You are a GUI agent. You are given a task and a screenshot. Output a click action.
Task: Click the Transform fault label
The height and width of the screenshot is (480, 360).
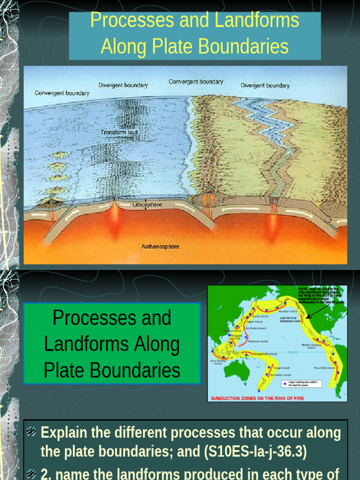tap(120, 133)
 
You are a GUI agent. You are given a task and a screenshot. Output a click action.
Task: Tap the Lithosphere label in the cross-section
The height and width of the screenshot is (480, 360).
tap(147, 205)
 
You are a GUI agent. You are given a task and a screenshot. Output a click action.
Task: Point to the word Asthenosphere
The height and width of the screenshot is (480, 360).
tap(160, 247)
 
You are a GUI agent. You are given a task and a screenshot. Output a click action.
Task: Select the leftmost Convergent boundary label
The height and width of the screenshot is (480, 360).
tap(62, 93)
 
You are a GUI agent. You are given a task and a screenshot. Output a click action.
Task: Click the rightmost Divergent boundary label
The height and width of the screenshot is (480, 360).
tap(265, 86)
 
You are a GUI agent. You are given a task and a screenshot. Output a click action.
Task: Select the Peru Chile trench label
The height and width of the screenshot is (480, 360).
tap(325, 368)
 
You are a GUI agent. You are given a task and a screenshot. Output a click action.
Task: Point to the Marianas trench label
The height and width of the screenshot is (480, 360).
tap(257, 341)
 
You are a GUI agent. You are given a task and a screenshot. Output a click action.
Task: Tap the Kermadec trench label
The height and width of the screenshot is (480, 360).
tap(280, 375)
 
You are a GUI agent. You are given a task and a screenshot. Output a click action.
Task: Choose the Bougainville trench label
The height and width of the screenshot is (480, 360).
tap(265, 354)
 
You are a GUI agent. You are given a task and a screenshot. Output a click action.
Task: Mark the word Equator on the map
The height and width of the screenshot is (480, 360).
tap(293, 352)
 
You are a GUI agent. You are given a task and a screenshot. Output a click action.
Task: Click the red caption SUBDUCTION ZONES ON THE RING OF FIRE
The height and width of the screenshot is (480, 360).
tap(257, 398)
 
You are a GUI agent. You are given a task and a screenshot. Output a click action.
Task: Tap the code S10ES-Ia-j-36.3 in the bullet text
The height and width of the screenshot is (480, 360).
tap(255, 452)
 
